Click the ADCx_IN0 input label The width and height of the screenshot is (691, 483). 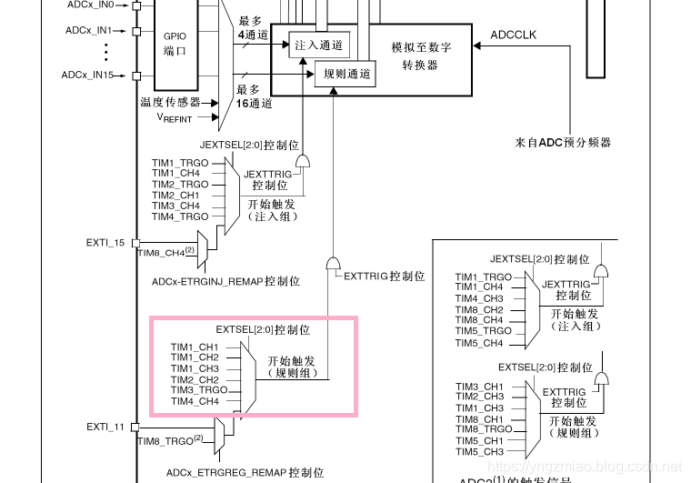click(89, 5)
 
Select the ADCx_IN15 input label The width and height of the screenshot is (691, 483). click(87, 74)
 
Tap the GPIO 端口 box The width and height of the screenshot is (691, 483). click(175, 44)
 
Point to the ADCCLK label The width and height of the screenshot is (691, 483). click(514, 35)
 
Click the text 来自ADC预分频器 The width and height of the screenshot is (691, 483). click(563, 143)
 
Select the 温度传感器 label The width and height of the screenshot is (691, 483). click(171, 102)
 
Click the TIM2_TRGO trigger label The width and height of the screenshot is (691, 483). click(180, 184)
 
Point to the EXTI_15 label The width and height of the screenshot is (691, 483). click(105, 243)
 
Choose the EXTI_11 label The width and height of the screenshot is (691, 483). click(105, 426)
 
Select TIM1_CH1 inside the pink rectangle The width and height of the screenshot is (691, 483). click(194, 347)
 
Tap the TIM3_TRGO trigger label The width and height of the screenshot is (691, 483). click(198, 390)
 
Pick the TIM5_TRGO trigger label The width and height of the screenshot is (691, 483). click(483, 331)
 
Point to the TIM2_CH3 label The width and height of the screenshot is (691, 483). click(479, 397)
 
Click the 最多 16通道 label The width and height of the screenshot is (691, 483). click(254, 96)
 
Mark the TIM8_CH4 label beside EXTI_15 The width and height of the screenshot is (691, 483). click(161, 252)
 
